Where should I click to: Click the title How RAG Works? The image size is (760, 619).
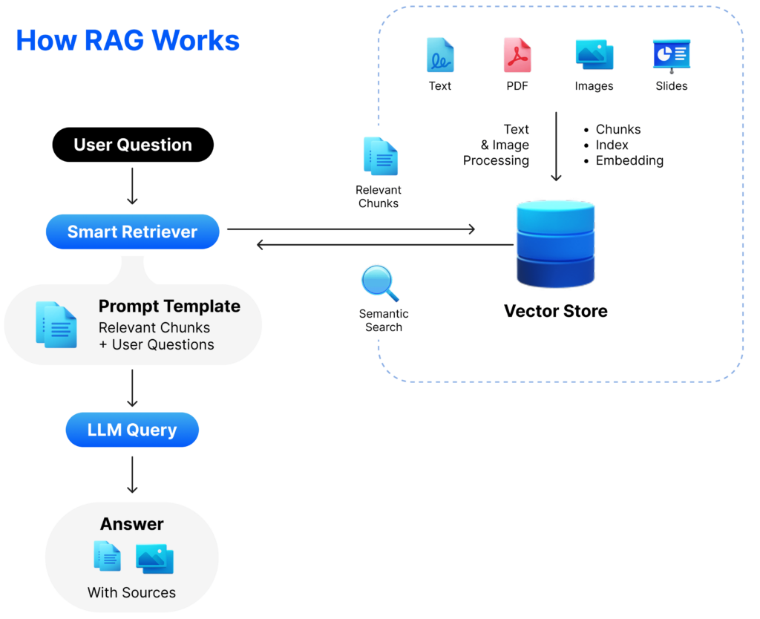coord(128,40)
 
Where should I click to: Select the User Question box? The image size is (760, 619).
coord(133,145)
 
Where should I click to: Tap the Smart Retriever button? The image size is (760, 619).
coord(132,232)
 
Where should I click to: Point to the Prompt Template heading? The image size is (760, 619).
coord(169,306)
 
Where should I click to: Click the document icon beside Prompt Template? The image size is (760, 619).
coord(56,324)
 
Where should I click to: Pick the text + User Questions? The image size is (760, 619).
coord(156,344)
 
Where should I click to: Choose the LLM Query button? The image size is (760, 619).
coord(132,430)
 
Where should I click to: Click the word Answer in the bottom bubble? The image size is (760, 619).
coord(132,524)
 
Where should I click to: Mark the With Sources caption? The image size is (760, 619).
coord(132,592)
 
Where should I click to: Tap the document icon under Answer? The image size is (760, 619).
coord(107,556)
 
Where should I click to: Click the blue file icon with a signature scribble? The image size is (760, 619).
coord(440,55)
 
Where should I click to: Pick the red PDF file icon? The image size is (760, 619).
coord(517,55)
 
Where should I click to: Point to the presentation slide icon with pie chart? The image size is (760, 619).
coord(671,56)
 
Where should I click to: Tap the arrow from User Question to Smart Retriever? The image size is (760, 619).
coord(132,187)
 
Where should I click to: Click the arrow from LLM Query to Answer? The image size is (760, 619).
coord(132,475)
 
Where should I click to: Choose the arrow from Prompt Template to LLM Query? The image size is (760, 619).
coord(132,388)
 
